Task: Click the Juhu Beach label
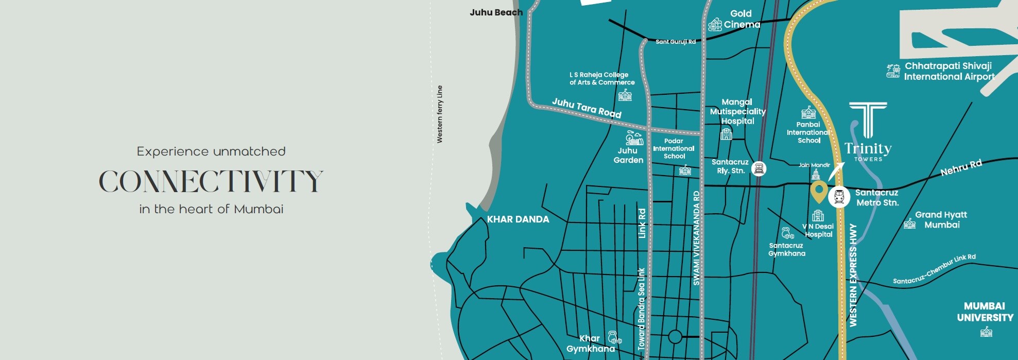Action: click(496, 12)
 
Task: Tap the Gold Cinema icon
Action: click(715, 24)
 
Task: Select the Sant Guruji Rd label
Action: click(675, 42)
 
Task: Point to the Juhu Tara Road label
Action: click(586, 108)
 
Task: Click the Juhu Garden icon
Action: click(634, 138)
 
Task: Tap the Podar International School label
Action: click(674, 148)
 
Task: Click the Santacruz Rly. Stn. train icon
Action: click(758, 168)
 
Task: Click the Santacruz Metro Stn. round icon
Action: click(839, 197)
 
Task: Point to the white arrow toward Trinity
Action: click(836, 171)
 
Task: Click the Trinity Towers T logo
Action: click(868, 119)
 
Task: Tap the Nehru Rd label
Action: click(961, 168)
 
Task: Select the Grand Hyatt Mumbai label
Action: click(941, 219)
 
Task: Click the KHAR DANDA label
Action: click(518, 219)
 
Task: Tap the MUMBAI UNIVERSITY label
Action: click(985, 312)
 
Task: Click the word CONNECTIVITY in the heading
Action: click(211, 181)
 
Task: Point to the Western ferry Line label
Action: click(439, 114)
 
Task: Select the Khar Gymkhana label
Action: click(590, 344)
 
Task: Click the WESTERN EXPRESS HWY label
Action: click(853, 275)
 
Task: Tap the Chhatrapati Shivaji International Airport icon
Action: click(893, 71)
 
